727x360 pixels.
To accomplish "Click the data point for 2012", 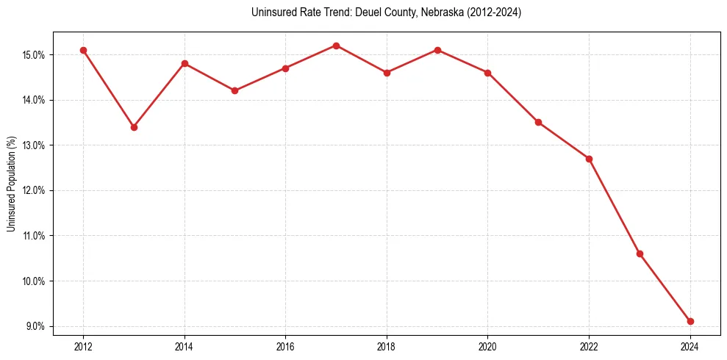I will pos(83,50).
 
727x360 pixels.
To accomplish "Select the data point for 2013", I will pos(134,127).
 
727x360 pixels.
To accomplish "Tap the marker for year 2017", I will pos(336,46).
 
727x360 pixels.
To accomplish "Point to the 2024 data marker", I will pos(690,321).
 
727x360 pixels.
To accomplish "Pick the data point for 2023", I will pos(640,253).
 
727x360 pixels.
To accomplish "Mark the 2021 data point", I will pos(538,122).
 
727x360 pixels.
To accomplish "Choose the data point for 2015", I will pos(234,90).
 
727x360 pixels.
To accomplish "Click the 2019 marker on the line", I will pos(437,50).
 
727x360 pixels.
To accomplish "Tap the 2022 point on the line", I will pos(589,159).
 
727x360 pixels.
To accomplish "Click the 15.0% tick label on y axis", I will pos(35,55).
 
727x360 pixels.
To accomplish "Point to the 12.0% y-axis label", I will pos(35,190).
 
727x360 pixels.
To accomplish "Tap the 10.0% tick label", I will pos(35,281).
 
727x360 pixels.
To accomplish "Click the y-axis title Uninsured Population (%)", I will pos(12,184).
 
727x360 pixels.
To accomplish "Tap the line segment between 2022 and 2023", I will pos(614,206).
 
